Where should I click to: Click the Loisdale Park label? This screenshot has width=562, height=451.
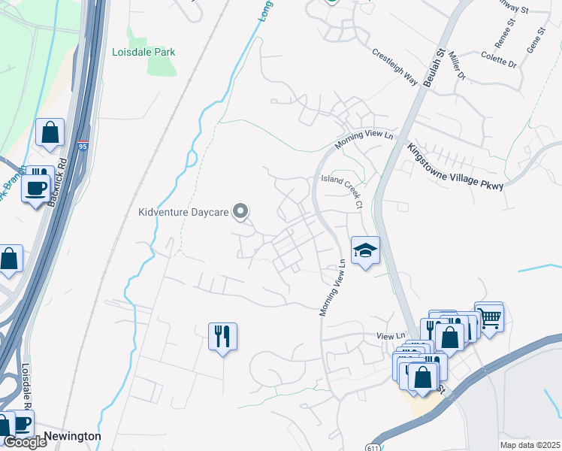144,53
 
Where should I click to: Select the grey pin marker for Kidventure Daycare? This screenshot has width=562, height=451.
240,212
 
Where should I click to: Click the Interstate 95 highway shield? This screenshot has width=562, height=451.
81,143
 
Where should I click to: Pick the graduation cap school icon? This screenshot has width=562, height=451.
365,251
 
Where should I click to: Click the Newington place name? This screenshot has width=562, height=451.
72,436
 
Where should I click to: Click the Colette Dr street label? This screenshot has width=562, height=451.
499,59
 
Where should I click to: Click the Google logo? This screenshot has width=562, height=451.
25,442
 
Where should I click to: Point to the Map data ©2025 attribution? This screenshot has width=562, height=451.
530,445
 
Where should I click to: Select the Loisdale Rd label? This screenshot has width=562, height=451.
27,388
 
